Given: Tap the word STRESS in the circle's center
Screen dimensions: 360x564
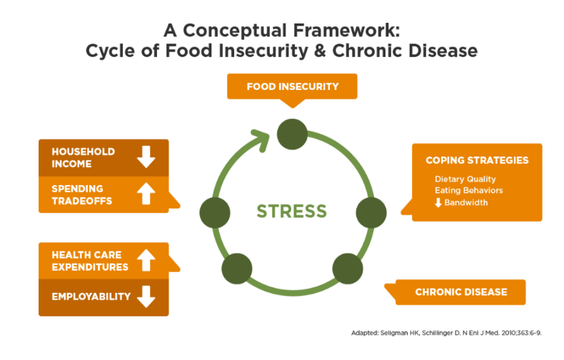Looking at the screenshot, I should pos(291,211).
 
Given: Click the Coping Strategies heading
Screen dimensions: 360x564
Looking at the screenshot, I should pos(477,160).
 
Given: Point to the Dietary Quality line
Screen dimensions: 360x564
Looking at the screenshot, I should pos(465,179).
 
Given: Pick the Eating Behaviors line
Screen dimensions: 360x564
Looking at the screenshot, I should pos(468,191).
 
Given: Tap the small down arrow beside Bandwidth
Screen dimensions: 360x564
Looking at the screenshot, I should pos(438,203).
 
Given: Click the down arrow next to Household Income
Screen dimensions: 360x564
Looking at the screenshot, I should pos(146,157).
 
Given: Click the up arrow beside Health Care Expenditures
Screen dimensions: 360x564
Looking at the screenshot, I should pos(146,261).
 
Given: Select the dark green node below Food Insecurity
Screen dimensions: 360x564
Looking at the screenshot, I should pos(292,133).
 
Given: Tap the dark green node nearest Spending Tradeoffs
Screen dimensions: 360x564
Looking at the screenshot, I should pos(214,212).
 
